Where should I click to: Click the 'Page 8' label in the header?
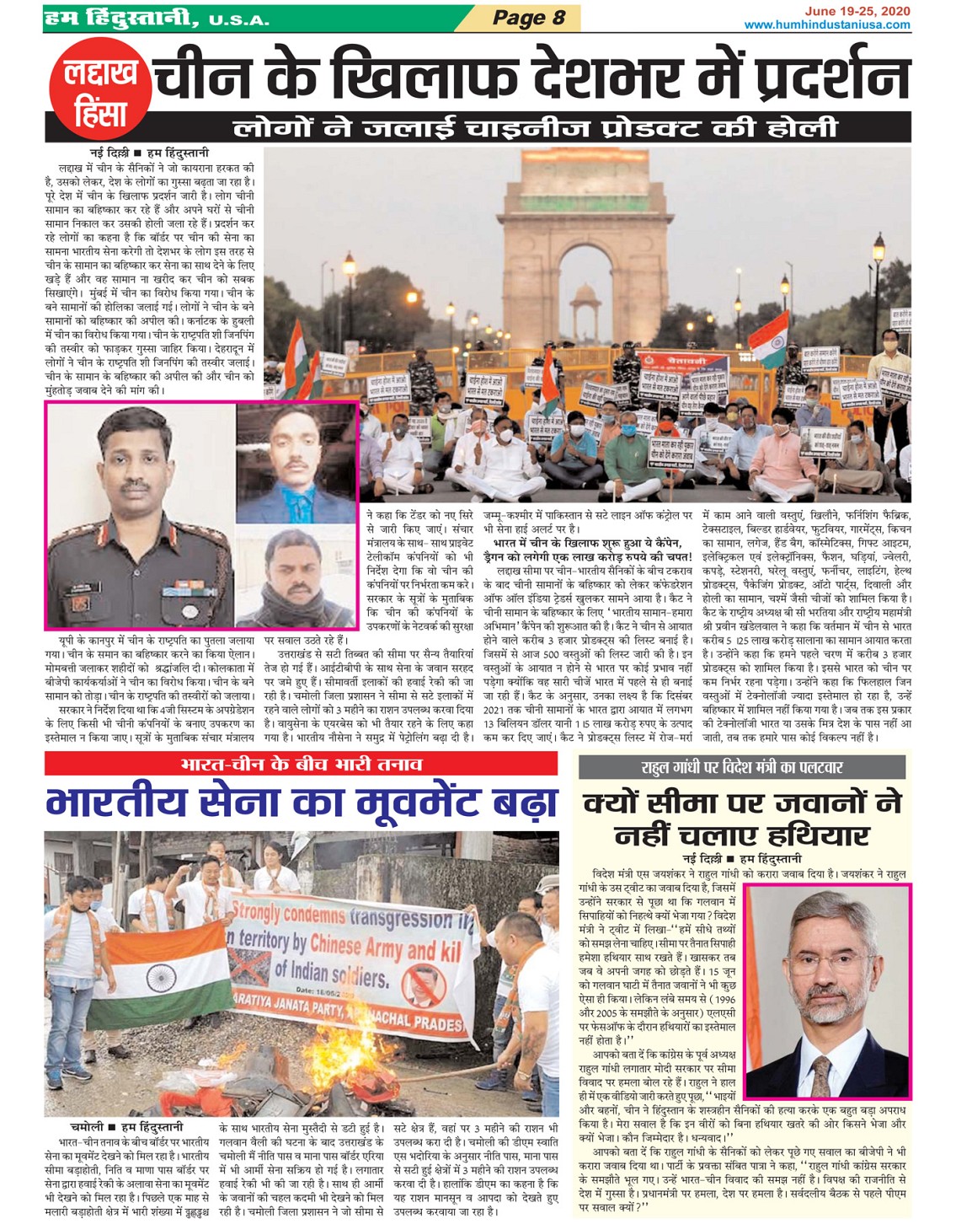tap(529, 18)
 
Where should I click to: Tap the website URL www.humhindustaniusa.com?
tap(826, 24)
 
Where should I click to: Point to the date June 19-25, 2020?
tap(857, 11)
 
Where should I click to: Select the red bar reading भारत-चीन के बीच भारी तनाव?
tap(301, 764)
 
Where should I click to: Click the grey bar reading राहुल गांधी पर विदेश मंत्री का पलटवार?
tap(741, 767)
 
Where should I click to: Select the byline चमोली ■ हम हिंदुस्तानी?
tap(126, 1126)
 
